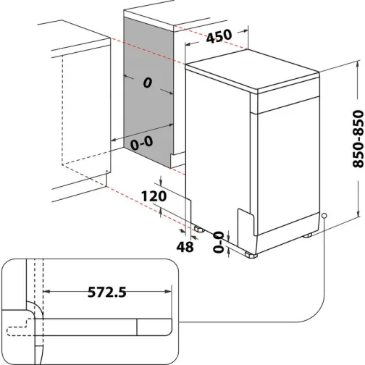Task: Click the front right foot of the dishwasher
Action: (x=251, y=254)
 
